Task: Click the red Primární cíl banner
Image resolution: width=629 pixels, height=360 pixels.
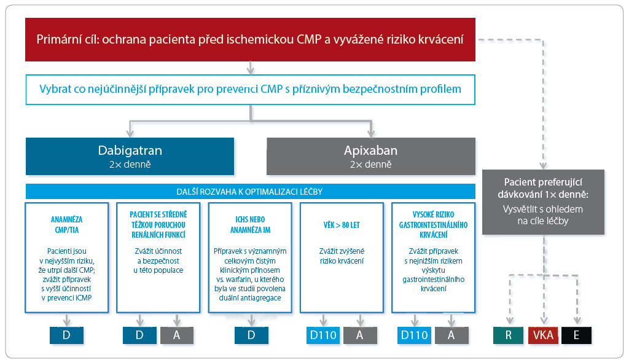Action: pyautogui.click(x=250, y=39)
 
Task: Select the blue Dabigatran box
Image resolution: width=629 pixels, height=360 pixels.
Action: pyautogui.click(x=130, y=156)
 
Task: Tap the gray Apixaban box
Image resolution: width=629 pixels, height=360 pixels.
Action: pyautogui.click(x=371, y=156)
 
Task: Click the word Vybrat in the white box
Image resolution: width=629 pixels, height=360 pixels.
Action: pyautogui.click(x=55, y=89)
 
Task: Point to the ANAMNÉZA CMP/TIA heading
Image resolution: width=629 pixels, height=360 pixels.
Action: pyautogui.click(x=66, y=225)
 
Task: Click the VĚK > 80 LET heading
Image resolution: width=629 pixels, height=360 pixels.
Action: pyautogui.click(x=342, y=225)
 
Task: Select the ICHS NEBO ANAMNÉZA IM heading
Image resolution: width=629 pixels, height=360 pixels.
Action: pyautogui.click(x=250, y=225)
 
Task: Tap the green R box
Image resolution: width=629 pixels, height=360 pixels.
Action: pyautogui.click(x=508, y=335)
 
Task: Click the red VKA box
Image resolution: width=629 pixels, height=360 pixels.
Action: pyautogui.click(x=543, y=335)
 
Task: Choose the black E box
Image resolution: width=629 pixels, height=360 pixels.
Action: pyautogui.click(x=576, y=335)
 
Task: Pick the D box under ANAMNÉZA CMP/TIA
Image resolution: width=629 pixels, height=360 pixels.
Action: pyautogui.click(x=66, y=335)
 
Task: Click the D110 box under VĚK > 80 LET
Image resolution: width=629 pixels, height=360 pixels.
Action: pyautogui.click(x=323, y=335)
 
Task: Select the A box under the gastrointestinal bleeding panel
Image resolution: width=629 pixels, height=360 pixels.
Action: pyautogui.click(x=451, y=335)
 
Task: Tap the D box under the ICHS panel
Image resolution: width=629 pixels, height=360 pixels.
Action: pyautogui.click(x=251, y=335)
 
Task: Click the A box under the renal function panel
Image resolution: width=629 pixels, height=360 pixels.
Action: pyautogui.click(x=177, y=335)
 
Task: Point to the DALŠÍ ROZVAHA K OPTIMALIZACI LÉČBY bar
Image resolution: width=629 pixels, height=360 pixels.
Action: pyautogui.click(x=251, y=192)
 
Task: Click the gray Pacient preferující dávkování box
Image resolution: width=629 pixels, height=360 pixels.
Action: pyautogui.click(x=543, y=202)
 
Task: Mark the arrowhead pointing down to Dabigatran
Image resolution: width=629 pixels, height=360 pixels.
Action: pyautogui.click(x=130, y=133)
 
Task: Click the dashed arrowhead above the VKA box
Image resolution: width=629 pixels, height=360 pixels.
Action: pyautogui.click(x=544, y=320)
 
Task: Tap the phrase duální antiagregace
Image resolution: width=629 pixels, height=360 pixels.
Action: pyautogui.click(x=250, y=298)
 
